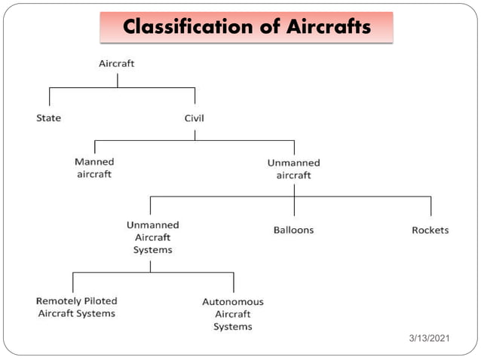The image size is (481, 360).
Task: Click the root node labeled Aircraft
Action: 117,63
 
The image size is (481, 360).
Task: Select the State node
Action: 49,118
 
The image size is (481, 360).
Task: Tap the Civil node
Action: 195,118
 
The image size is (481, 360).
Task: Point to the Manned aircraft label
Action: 94,168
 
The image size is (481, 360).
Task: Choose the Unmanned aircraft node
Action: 293,169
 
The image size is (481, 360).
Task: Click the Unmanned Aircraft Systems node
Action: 152,237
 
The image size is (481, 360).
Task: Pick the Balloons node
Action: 293,230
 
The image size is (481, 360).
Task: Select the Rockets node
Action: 430,230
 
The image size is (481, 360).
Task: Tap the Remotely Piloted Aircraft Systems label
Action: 77,307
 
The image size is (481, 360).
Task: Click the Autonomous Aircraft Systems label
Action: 233,314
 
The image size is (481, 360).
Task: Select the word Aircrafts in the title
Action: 328,27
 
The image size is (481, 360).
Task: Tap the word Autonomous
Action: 233,302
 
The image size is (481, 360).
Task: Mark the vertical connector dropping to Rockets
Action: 430,206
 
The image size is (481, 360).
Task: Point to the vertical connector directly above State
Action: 50,96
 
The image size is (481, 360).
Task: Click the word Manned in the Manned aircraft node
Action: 94,162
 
